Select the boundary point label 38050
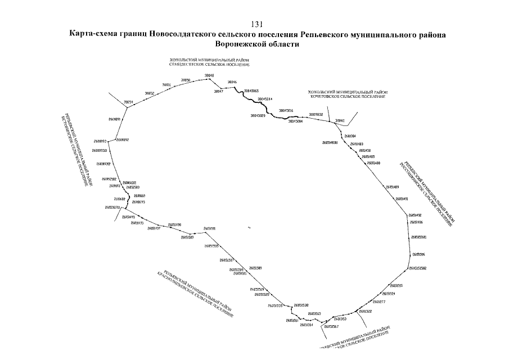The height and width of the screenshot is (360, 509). click(186, 80)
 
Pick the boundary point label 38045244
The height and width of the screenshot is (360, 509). click(264, 98)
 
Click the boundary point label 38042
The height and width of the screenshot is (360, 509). click(340, 120)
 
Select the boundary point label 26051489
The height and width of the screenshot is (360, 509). click(392, 187)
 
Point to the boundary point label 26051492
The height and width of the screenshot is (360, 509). click(415, 215)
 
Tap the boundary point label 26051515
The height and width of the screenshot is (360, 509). click(397, 286)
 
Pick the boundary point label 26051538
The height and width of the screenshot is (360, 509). click(301, 305)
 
